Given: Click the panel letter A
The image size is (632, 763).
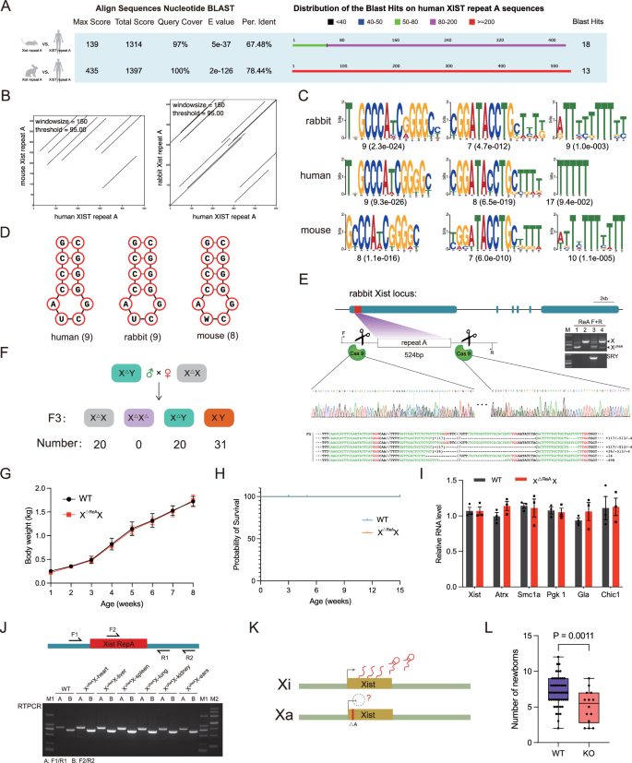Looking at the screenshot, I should [8, 8].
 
